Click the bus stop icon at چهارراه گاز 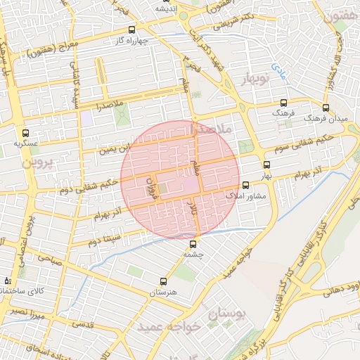[x=132, y=30]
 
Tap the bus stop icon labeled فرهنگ [x=283, y=102]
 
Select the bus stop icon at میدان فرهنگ [x=325, y=108]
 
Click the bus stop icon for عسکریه [x=26, y=133]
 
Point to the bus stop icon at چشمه [x=197, y=244]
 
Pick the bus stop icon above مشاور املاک [x=245, y=185]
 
